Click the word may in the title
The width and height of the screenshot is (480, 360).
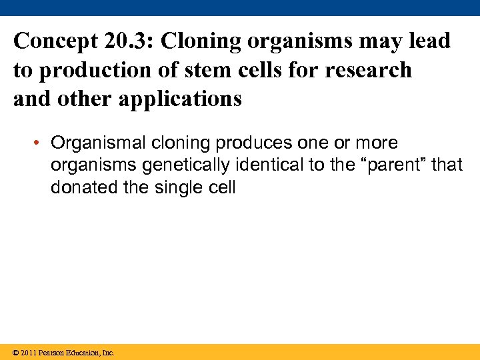click(375, 41)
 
